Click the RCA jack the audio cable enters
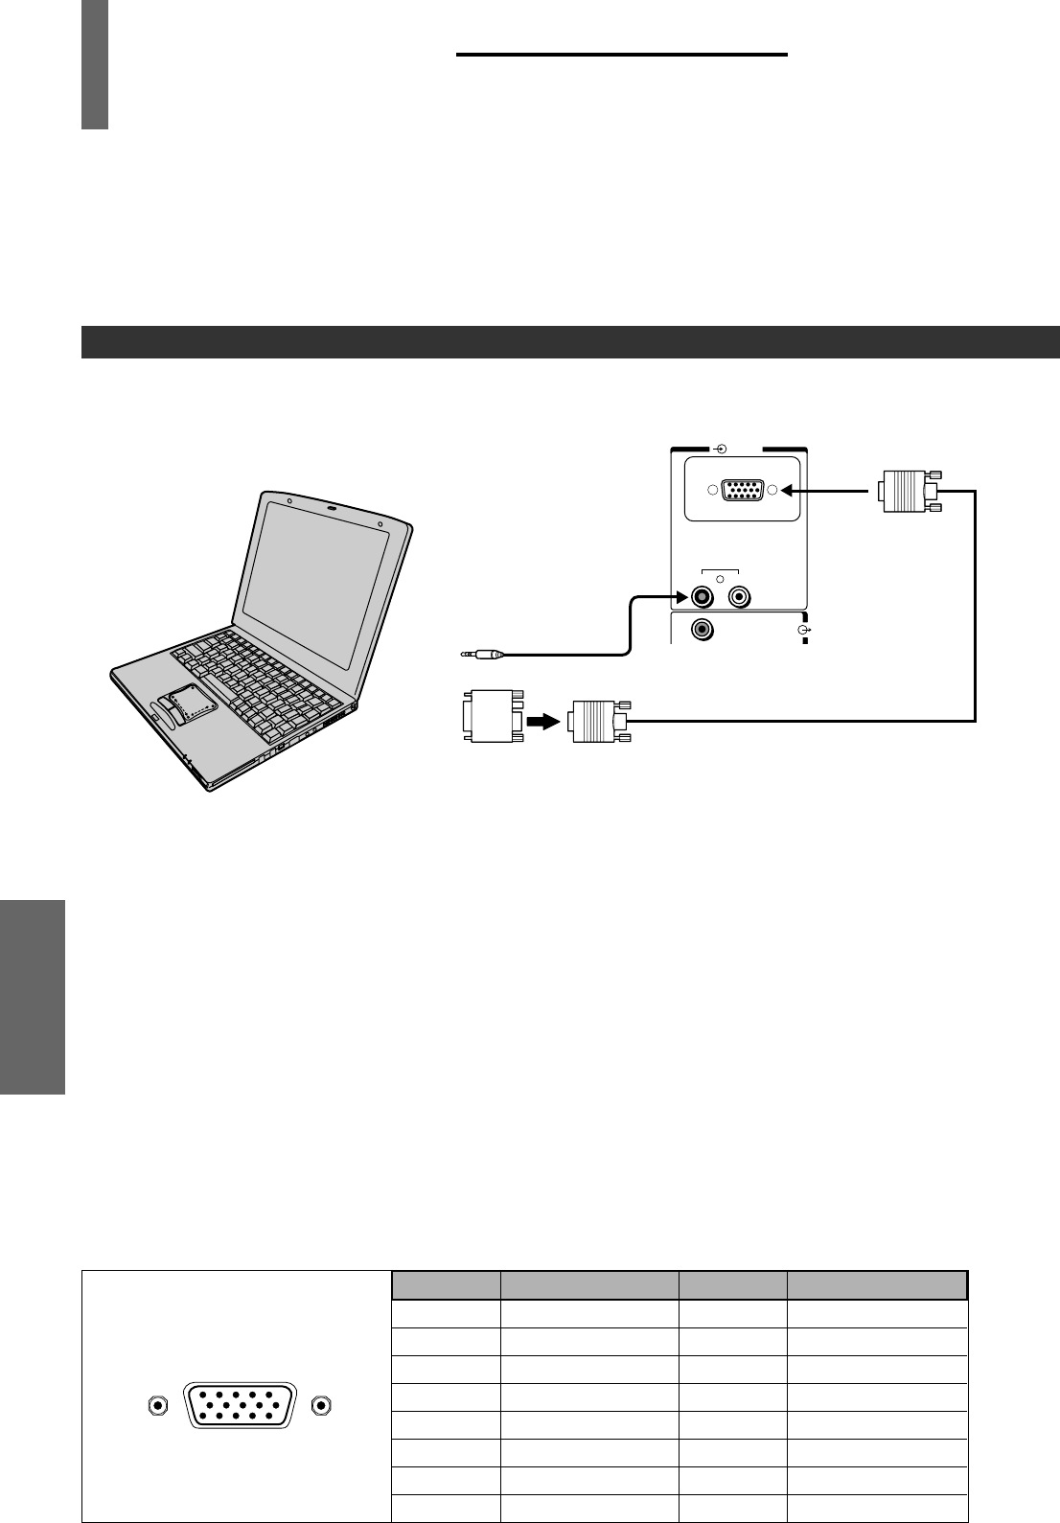pos(703,597)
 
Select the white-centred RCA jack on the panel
pos(739,597)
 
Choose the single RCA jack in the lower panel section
pos(703,630)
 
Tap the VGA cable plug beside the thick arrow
pos(594,721)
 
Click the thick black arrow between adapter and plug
pos(542,720)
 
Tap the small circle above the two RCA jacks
pos(721,580)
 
